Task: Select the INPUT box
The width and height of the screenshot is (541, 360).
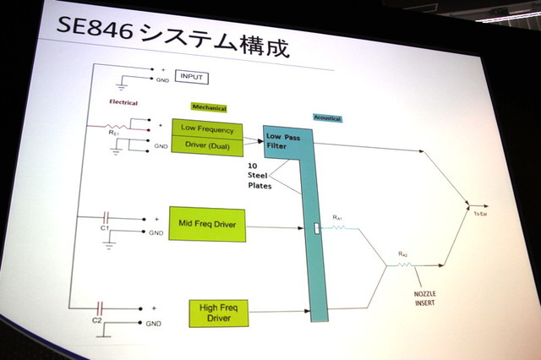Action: [x=192, y=78]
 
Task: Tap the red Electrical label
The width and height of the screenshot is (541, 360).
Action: [x=123, y=103]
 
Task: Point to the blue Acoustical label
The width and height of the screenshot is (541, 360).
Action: [x=328, y=118]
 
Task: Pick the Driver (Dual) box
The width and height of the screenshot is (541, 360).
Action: [x=207, y=145]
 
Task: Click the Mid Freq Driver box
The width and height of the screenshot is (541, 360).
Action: [x=206, y=225]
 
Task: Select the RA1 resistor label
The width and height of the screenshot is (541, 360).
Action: [x=337, y=218]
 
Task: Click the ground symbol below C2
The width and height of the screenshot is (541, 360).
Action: [x=101, y=335]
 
